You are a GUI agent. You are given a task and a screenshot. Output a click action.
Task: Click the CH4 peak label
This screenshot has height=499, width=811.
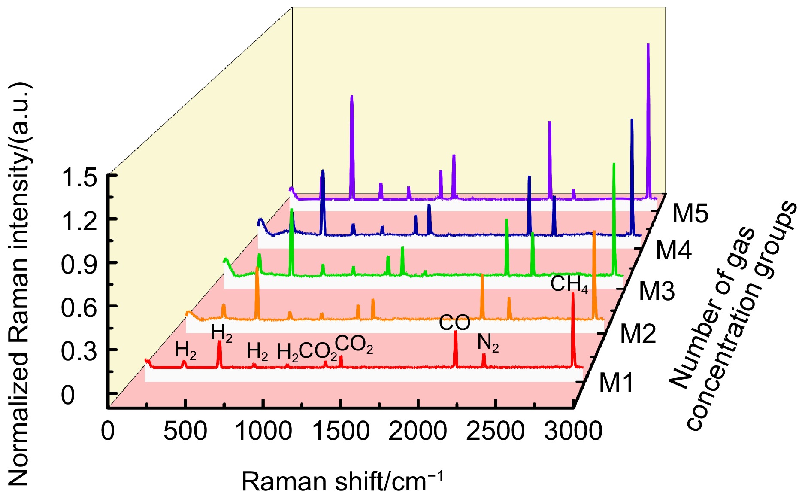569,284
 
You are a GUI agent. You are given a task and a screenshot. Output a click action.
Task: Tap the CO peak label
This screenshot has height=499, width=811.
454,323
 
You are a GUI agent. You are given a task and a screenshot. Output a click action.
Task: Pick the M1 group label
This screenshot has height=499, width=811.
616,382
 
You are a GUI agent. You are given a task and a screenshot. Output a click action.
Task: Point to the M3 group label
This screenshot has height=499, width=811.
657,291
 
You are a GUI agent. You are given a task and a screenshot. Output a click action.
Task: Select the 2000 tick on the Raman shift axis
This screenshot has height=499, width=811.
418,431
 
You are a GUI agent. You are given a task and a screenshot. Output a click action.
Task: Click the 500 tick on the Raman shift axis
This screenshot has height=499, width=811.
185,431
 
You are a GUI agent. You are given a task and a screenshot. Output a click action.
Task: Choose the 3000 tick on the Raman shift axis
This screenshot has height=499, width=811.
573,431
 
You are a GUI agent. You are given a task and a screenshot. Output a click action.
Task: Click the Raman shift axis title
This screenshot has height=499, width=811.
342,481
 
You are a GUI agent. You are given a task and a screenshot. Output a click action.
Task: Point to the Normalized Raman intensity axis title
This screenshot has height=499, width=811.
19,283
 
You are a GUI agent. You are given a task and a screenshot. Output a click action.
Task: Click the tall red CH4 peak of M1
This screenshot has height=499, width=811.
573,296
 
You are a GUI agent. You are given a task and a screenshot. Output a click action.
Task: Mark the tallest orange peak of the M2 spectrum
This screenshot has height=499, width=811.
594,234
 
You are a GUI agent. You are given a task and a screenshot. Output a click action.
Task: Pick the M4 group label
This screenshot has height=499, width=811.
673,250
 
